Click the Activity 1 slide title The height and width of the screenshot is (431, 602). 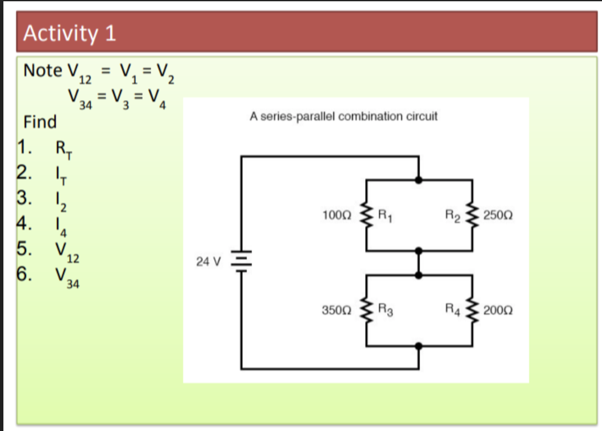[70, 33]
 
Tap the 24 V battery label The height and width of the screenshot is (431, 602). [208, 261]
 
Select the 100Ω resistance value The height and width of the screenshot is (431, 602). [337, 215]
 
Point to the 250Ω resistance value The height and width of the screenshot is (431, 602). [498, 215]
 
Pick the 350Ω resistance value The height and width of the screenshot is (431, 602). [337, 310]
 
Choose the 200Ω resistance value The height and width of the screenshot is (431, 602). [498, 310]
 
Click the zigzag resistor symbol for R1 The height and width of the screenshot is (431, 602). [366, 215]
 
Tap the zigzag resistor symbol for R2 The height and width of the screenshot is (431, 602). [472, 215]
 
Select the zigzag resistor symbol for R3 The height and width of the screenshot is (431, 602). [366, 310]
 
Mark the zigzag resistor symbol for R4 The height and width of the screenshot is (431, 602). [472, 310]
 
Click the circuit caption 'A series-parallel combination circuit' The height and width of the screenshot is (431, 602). [343, 116]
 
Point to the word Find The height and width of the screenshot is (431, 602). [40, 122]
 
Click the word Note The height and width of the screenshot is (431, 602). [43, 70]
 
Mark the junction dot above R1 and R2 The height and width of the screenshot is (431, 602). [419, 180]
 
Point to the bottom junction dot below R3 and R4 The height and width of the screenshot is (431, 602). [419, 346]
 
